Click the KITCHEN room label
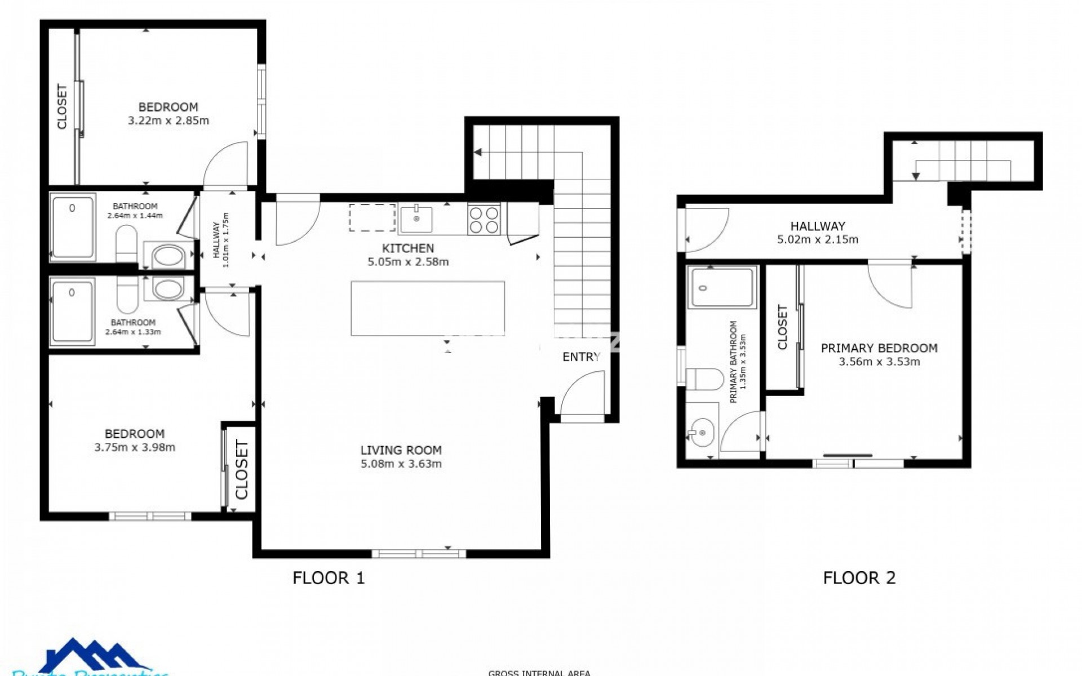tap(408, 248)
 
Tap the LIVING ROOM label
tap(401, 450)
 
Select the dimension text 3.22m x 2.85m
tap(168, 121)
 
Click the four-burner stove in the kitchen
tap(484, 219)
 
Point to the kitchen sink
tap(416, 220)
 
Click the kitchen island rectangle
tap(427, 309)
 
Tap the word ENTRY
tap(581, 357)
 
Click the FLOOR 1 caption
tap(329, 578)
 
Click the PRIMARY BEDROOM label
tap(879, 348)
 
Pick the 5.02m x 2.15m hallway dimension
tap(818, 239)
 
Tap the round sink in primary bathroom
tap(702, 433)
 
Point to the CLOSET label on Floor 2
tap(782, 327)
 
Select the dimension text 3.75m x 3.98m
tap(135, 447)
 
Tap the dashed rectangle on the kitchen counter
tap(372, 217)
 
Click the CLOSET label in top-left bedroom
tap(61, 106)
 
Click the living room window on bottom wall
tap(419, 554)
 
